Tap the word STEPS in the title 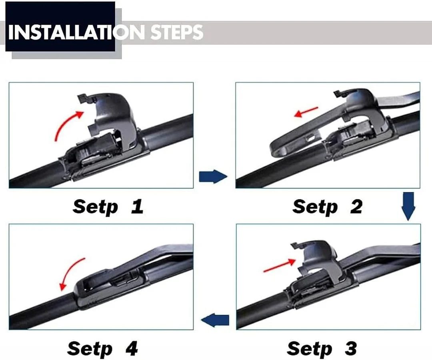pyautogui.click(x=177, y=32)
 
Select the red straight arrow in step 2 pyautogui.click(x=306, y=112)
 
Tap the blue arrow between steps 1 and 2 pyautogui.click(x=213, y=177)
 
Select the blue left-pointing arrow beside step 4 pyautogui.click(x=215, y=320)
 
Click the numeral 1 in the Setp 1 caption pyautogui.click(x=137, y=206)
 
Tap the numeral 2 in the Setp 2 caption pyautogui.click(x=356, y=206)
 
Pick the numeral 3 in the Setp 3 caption pyautogui.click(x=350, y=348)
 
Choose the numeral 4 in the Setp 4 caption pyautogui.click(x=132, y=348)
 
